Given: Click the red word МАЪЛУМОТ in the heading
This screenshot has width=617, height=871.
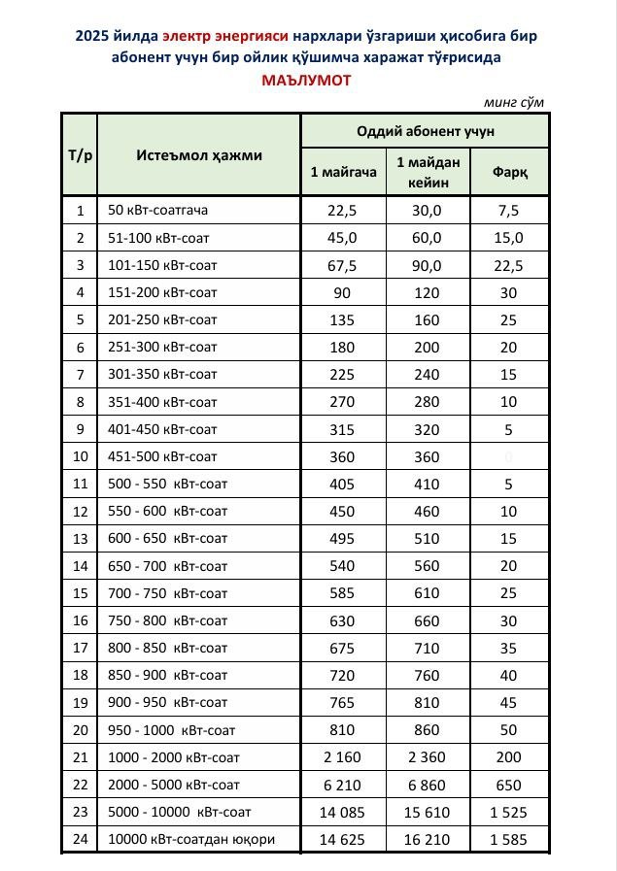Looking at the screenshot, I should pyautogui.click(x=306, y=81).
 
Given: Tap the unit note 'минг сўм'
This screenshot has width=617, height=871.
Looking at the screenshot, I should pyautogui.click(x=513, y=102).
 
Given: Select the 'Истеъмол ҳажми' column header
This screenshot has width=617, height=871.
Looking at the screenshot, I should pyautogui.click(x=198, y=155).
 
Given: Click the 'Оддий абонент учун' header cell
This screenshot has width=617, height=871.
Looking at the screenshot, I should pyautogui.click(x=426, y=130).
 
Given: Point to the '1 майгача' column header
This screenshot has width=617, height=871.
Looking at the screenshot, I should pyautogui.click(x=343, y=172).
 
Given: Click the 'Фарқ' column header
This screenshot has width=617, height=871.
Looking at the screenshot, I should pyautogui.click(x=509, y=172).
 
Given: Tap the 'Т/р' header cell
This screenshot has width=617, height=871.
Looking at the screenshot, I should pyautogui.click(x=80, y=155).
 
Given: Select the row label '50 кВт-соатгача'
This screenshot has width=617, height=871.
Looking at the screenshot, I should pyautogui.click(x=158, y=210).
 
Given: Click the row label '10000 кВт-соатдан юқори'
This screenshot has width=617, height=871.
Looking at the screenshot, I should pyautogui.click(x=191, y=839).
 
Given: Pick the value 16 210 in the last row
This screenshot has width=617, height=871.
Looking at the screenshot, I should pyautogui.click(x=428, y=839).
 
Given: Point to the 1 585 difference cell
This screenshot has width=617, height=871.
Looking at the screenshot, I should pyautogui.click(x=509, y=839).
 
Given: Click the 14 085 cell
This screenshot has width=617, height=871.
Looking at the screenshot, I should pyautogui.click(x=343, y=812).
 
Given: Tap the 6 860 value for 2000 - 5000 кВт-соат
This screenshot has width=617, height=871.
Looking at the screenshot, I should pyautogui.click(x=428, y=785).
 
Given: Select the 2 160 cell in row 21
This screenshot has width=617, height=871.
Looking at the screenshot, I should pyautogui.click(x=343, y=756).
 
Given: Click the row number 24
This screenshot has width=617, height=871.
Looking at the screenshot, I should pyautogui.click(x=80, y=839).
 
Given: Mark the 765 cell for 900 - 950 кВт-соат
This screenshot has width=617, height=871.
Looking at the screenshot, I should pyautogui.click(x=343, y=702).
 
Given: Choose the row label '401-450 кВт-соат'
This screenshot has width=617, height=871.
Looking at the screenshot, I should pyautogui.click(x=162, y=428).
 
